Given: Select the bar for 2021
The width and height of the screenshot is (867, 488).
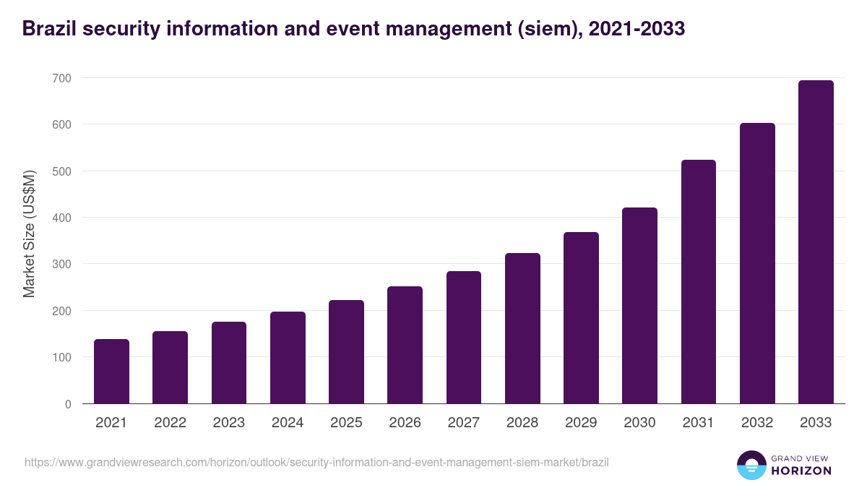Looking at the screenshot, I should pyautogui.click(x=111, y=372).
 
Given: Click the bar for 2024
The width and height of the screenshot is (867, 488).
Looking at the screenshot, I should pyautogui.click(x=288, y=358).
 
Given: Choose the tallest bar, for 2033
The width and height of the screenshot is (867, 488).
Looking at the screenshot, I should pyautogui.click(x=816, y=242).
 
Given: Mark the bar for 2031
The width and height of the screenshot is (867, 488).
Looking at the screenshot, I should pyautogui.click(x=699, y=282).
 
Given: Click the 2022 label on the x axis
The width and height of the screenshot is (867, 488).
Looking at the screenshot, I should pyautogui.click(x=170, y=423).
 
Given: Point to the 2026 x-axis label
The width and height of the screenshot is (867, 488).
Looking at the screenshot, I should pyautogui.click(x=405, y=423).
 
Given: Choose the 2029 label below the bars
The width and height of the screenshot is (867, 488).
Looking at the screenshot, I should pyautogui.click(x=581, y=423).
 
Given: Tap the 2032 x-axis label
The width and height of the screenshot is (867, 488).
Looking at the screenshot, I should pyautogui.click(x=757, y=423).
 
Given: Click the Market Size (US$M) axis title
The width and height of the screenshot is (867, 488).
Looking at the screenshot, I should pyautogui.click(x=29, y=234).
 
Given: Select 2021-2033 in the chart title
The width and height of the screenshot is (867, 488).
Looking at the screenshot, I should pyautogui.click(x=637, y=29).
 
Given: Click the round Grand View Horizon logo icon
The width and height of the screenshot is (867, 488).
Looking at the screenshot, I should pyautogui.click(x=751, y=465).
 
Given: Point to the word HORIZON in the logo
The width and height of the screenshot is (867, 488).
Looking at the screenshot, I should pyautogui.click(x=801, y=471).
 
